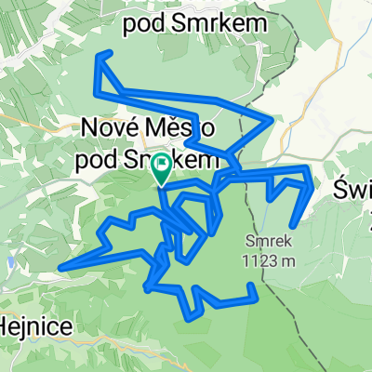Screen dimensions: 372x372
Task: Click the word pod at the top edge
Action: click(x=152, y=20)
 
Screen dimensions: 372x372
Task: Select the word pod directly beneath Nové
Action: click(x=97, y=159)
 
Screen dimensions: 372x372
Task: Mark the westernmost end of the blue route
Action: click(x=60, y=269)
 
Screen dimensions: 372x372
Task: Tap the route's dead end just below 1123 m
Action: click(x=254, y=298)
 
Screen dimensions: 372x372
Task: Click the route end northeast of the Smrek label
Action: click(x=294, y=223)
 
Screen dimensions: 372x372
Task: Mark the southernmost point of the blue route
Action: click(x=192, y=316)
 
